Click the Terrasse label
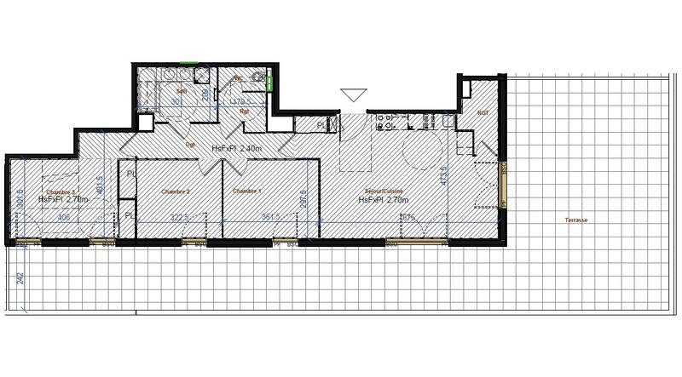[575, 220]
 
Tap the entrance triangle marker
[353, 95]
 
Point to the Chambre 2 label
[176, 191]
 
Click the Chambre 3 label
[61, 191]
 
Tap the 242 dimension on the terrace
[19, 277]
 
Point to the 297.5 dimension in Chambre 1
[303, 199]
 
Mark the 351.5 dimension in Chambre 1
[272, 217]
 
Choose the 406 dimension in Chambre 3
[64, 217]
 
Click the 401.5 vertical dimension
[100, 186]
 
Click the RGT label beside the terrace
[483, 112]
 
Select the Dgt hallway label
[191, 145]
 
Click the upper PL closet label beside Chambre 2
[130, 174]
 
